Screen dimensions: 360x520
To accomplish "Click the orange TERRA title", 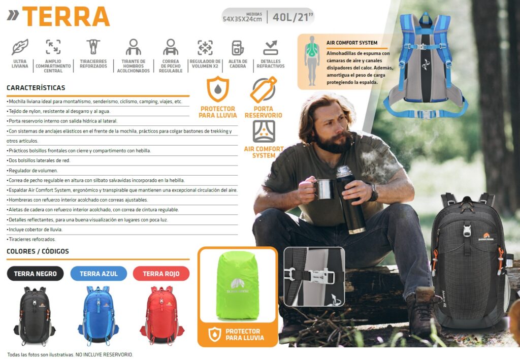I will click(66, 17).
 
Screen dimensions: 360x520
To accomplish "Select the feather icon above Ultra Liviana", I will click(20, 47).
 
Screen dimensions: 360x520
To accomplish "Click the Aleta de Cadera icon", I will click(238, 48).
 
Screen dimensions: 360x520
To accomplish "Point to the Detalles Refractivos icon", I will click(271, 48).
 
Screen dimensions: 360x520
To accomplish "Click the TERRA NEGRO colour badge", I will click(35, 274).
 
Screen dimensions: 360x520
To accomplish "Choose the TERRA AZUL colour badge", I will click(99, 274).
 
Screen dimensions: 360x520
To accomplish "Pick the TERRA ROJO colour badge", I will click(161, 274).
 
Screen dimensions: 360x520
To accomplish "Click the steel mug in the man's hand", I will click(323, 189).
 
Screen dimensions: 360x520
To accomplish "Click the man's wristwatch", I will click(374, 192).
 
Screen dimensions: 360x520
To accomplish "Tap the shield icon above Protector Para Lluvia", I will click(218, 89).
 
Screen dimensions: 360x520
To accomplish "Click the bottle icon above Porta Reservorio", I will click(264, 90).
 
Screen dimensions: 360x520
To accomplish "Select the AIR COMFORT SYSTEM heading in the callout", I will click(352, 43).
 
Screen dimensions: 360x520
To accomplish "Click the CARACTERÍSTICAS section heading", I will click(36, 88).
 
